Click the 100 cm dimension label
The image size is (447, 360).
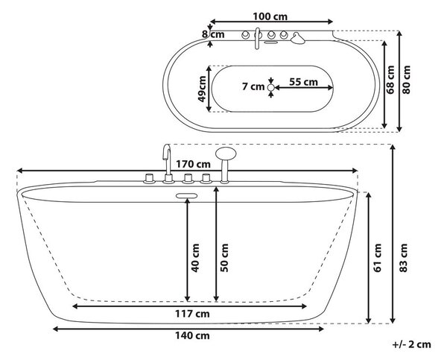pos(270,16)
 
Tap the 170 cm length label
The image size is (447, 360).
pos(193,164)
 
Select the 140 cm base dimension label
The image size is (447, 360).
pos(192,335)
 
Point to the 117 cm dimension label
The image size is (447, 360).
pos(192,314)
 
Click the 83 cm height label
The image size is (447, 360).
pos(403,258)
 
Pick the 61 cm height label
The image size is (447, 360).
pos(377,258)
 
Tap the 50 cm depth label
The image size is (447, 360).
pos(224,258)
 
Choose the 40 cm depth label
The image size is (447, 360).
pos(195,258)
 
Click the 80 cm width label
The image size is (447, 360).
pos(406,80)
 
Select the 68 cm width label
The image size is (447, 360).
pos(390,80)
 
